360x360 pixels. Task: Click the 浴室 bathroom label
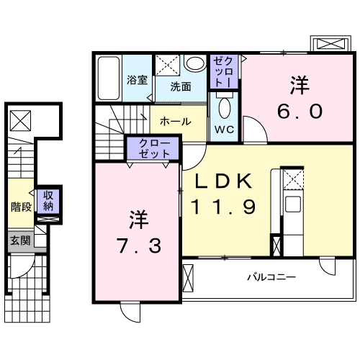138,80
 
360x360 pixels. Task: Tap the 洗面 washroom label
181,87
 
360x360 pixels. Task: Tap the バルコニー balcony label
271,276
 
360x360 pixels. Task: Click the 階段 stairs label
20,204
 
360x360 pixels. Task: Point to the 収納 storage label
48,199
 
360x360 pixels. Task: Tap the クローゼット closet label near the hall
150,148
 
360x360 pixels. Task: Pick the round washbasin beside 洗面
195,64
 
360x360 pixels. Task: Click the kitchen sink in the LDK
293,204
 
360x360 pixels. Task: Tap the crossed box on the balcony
189,276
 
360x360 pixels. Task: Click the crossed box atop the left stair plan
21,119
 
